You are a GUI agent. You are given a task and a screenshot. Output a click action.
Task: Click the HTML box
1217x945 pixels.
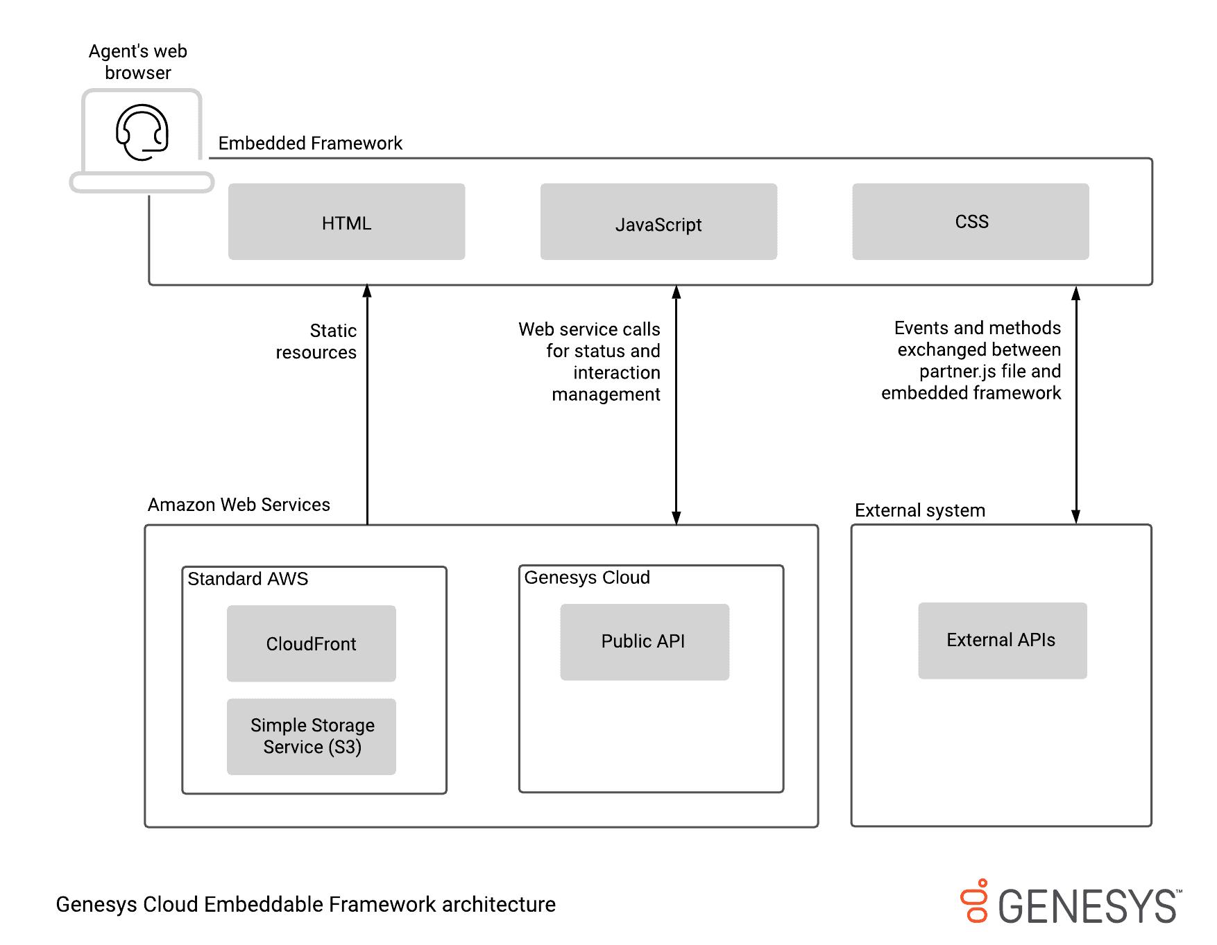(346, 222)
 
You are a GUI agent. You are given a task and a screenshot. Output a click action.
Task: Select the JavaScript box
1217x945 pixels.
(658, 222)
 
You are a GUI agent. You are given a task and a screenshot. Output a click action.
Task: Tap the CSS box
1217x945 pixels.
(970, 222)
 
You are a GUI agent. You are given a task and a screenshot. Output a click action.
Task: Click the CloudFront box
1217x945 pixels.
(311, 643)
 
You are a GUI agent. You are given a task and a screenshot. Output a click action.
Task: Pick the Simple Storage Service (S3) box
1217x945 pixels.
(311, 736)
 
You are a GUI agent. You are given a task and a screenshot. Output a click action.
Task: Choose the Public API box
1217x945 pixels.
(644, 641)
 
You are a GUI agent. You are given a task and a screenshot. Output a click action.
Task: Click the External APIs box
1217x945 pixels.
(1002, 640)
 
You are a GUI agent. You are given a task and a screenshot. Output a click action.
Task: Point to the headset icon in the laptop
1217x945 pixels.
(142, 132)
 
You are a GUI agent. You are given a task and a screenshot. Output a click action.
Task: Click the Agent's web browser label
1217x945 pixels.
(138, 62)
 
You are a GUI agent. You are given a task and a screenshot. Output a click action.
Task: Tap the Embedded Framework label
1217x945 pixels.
(310, 143)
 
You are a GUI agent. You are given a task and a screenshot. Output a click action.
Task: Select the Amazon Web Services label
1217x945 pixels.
(239, 505)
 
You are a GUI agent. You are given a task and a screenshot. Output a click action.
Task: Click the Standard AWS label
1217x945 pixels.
(248, 579)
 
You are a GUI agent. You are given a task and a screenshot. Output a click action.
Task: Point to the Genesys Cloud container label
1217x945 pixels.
(587, 578)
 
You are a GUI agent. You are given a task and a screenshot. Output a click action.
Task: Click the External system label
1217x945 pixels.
(919, 510)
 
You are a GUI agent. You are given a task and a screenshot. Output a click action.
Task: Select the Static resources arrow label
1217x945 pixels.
(316, 341)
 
